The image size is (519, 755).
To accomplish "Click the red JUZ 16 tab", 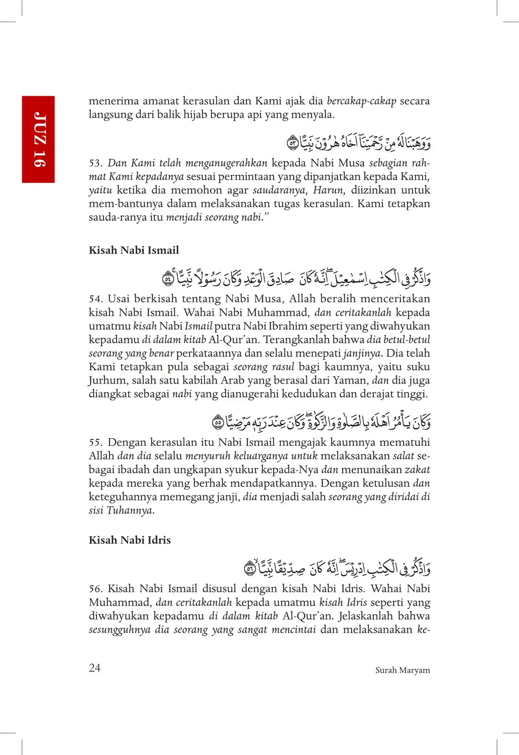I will (38, 139).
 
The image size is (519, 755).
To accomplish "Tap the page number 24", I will (94, 668).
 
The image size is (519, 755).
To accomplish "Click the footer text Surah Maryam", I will (402, 670).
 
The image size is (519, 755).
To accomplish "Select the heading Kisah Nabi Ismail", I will (134, 250).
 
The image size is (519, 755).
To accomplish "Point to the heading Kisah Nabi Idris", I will (130, 540).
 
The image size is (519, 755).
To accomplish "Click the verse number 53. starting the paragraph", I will (95, 163).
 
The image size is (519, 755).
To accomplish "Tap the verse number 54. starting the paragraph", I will (95, 299).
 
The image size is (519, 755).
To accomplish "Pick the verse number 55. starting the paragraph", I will (95, 443).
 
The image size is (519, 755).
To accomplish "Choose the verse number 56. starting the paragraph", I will (95, 589).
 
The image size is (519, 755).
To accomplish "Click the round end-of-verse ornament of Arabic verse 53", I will (292, 143).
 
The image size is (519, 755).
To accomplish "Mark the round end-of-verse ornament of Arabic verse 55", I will (218, 423).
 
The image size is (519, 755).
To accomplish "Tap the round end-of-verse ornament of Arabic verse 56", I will (250, 569).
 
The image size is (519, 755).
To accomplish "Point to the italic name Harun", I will (329, 190).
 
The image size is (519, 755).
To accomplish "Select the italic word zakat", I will (418, 470).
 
